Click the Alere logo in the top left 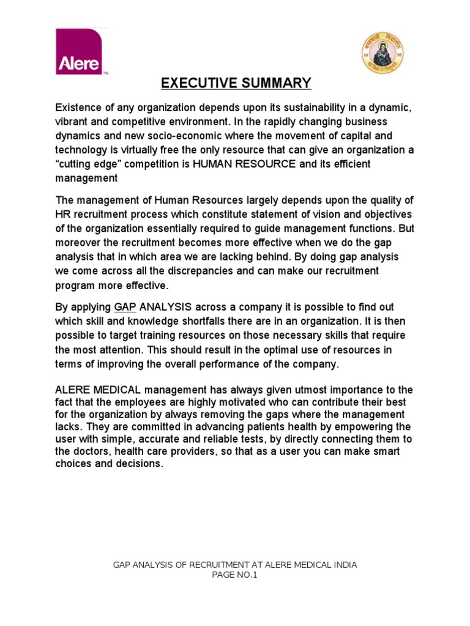click(82, 52)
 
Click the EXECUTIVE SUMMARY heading click(236, 83)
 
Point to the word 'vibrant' click(73, 122)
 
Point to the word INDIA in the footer click(344, 565)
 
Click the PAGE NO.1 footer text click(235, 575)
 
